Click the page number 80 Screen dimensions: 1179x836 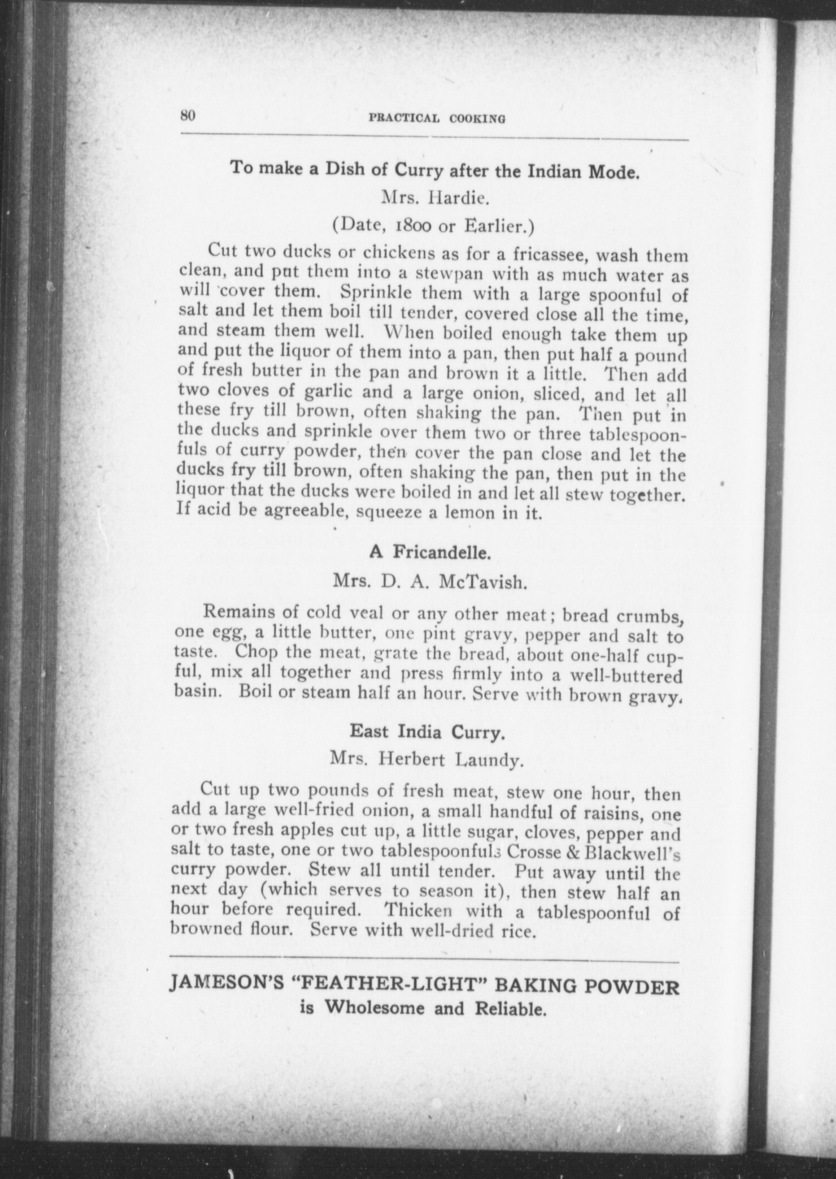(x=188, y=115)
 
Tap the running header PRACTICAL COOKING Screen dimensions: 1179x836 (x=437, y=119)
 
